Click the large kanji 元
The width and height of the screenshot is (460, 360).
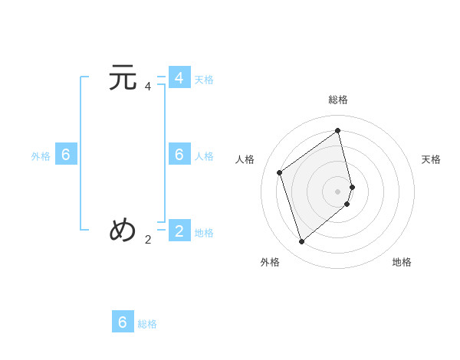(x=123, y=78)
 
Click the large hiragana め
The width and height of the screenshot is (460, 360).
(x=123, y=230)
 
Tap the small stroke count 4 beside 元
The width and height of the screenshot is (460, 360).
(x=148, y=87)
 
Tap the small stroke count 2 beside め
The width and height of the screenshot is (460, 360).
(x=148, y=239)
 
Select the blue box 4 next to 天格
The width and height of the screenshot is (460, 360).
(x=179, y=78)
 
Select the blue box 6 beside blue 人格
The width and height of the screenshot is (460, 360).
(x=179, y=154)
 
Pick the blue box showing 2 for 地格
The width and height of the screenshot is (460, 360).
(x=179, y=230)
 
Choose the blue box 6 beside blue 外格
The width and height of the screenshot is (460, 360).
(x=66, y=154)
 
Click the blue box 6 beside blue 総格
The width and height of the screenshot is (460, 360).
(x=123, y=322)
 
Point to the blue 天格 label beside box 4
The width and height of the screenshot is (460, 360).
(x=204, y=80)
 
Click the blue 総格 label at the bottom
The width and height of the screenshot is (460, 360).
(x=147, y=324)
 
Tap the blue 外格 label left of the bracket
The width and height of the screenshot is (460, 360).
(x=41, y=156)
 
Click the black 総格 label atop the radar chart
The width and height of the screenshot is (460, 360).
(x=338, y=100)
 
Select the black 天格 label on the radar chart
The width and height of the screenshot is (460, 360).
(x=431, y=159)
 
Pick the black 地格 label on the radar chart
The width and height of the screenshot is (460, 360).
(x=402, y=262)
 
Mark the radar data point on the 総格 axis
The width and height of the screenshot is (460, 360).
(x=338, y=130)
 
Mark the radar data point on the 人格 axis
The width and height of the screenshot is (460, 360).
(x=280, y=172)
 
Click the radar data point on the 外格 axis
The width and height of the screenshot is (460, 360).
(x=302, y=242)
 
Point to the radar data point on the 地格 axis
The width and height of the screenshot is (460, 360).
(x=347, y=204)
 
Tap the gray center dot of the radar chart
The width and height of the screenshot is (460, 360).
(x=338, y=191)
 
